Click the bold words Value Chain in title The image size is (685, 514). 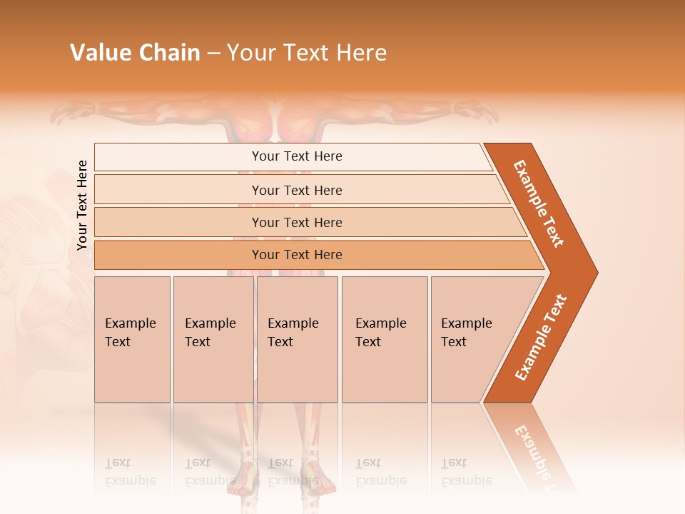pos(135,53)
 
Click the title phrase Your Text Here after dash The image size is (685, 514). pos(307,53)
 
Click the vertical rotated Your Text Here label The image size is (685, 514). pos(82,206)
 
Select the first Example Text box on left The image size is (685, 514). pos(132,339)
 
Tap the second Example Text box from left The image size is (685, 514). pos(213,339)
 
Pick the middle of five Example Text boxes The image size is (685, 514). pos(297,339)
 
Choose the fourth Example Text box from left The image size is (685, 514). pos(385,339)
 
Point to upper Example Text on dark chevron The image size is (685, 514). pos(539,203)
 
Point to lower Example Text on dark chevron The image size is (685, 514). pos(540,338)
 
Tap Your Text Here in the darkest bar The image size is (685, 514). pos(297,255)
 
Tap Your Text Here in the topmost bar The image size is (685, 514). pos(297,156)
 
